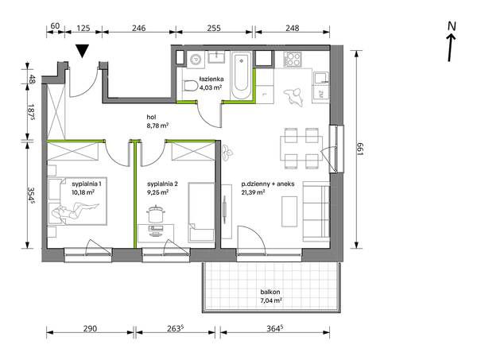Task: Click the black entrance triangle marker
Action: [x=82, y=51]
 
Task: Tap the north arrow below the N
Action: [x=451, y=48]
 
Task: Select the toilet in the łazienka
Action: [x=191, y=86]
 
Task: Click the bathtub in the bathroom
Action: [x=241, y=75]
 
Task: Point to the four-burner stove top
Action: [x=293, y=60]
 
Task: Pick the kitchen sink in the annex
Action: [x=321, y=79]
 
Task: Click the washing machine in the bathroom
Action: [x=196, y=58]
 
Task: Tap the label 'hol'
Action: [x=151, y=117]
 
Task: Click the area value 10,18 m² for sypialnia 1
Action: [x=83, y=192]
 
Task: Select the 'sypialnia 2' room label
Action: [x=162, y=184]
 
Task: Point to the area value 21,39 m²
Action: [x=253, y=192]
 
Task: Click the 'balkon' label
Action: [x=270, y=292]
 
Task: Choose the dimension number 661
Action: [x=361, y=149]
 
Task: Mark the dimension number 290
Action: [x=90, y=328]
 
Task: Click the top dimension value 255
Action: [x=214, y=28]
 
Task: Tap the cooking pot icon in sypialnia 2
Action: [x=156, y=214]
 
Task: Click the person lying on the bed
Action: [x=76, y=211]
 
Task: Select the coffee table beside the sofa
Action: [x=289, y=211]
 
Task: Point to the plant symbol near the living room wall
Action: [x=227, y=152]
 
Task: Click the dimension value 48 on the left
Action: [x=32, y=79]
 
